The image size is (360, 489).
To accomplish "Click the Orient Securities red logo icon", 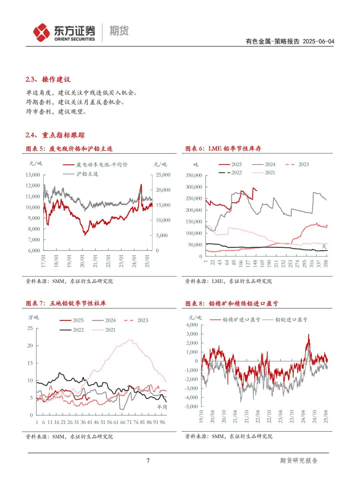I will click(x=41, y=32).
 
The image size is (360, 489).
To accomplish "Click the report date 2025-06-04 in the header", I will click(x=318, y=41).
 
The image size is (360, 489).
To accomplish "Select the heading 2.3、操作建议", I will click(x=48, y=79).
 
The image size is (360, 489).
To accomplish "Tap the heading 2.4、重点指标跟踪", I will click(x=55, y=135).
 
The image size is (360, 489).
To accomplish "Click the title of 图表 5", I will click(x=69, y=149).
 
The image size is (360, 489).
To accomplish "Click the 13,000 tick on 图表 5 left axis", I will click(x=33, y=175).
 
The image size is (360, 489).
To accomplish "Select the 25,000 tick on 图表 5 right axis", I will click(x=163, y=175).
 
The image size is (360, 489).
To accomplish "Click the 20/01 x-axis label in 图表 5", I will click(x=82, y=261).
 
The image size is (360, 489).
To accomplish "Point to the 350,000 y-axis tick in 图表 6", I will click(x=194, y=175).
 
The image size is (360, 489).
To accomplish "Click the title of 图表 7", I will click(x=66, y=304).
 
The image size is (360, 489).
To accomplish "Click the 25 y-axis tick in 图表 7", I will click(x=30, y=328).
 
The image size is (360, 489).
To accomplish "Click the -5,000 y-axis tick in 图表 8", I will click(x=191, y=407).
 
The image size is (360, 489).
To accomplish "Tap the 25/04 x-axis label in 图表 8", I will click(x=326, y=417).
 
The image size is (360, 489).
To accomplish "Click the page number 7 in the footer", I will click(x=148, y=461).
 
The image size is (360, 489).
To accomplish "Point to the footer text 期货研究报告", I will click(x=299, y=461).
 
